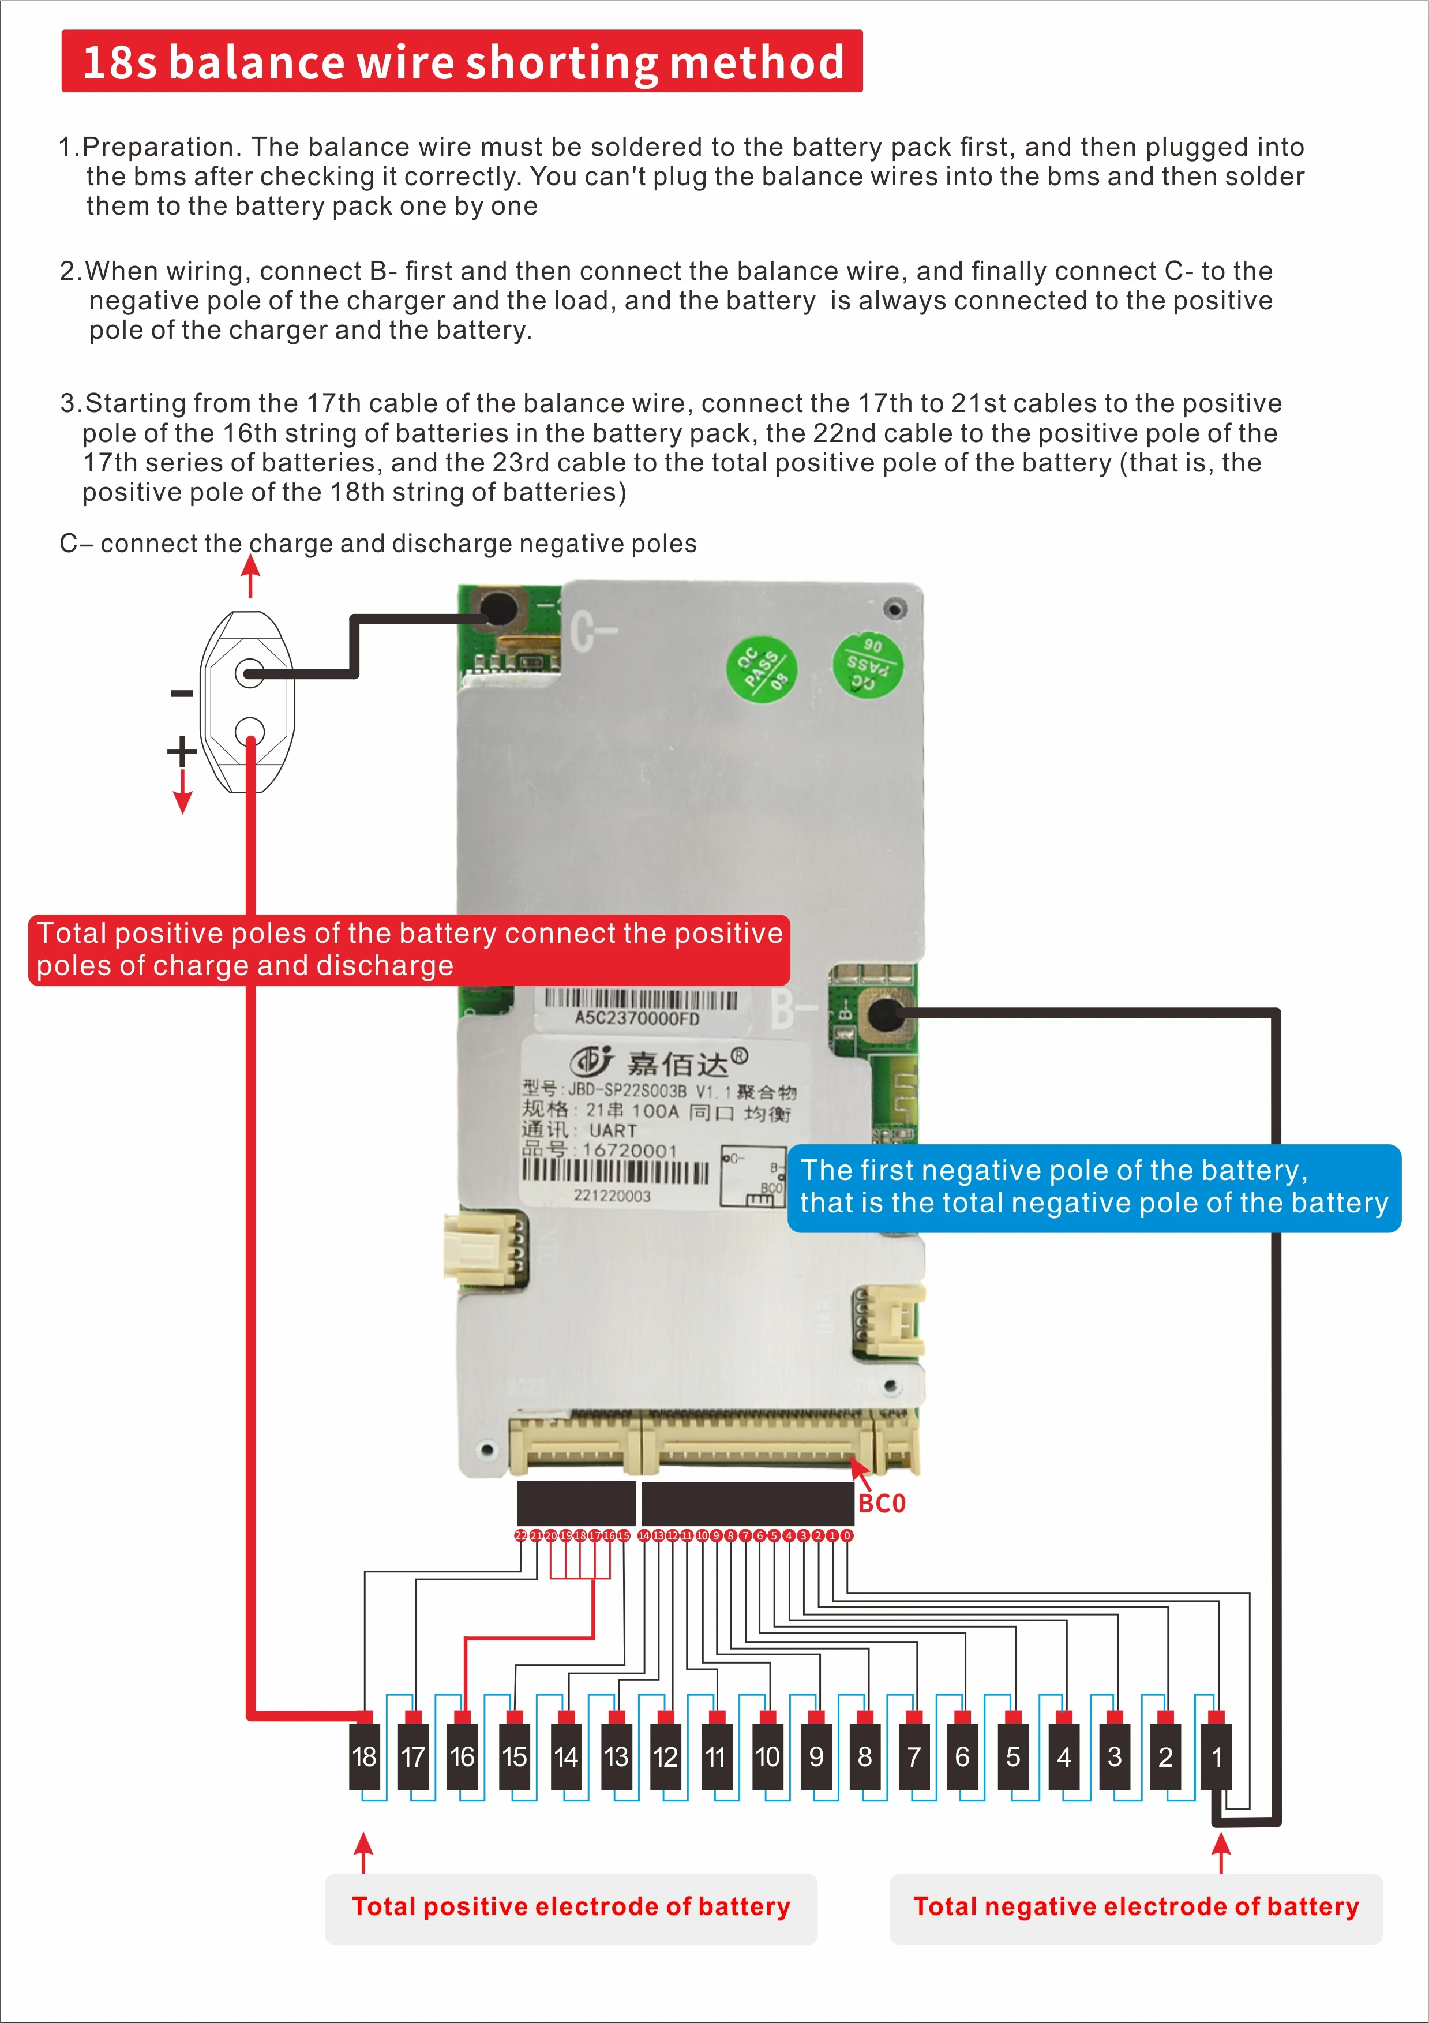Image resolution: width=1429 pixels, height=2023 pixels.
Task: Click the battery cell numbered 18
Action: click(x=364, y=1756)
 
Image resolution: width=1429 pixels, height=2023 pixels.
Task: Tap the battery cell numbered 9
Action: click(x=816, y=1756)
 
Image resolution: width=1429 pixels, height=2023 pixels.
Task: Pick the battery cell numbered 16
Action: click(x=463, y=1756)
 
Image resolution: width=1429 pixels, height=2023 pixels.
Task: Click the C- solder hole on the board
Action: click(x=498, y=608)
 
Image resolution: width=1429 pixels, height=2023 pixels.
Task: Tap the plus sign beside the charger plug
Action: click(x=182, y=751)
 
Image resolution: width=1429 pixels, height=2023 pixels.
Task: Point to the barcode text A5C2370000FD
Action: click(x=637, y=1018)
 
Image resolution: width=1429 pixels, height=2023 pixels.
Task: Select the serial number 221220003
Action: click(x=612, y=1196)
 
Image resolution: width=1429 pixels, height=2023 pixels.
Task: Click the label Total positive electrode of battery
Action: click(x=571, y=1906)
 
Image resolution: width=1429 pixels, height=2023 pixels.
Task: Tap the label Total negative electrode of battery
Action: click(x=1135, y=1906)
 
